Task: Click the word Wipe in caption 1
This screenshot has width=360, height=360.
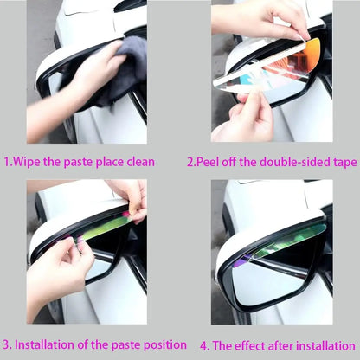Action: click(27, 162)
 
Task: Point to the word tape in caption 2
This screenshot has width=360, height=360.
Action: click(345, 163)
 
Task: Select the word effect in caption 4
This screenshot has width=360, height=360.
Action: click(250, 345)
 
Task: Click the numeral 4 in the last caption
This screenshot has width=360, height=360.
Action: click(203, 346)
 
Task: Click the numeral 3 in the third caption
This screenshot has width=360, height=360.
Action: click(6, 345)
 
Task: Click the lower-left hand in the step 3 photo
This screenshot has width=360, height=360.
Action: click(58, 274)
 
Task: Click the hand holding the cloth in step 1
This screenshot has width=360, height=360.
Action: click(75, 87)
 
